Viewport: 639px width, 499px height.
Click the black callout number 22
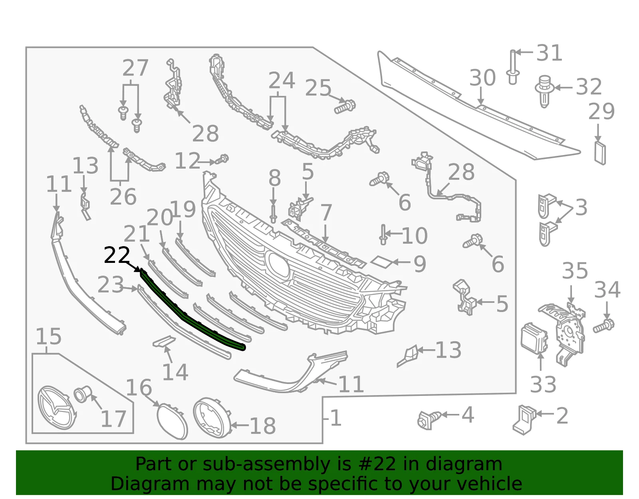click(x=117, y=255)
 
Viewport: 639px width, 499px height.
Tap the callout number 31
click(x=549, y=53)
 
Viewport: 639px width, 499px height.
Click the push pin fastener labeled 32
click(x=544, y=91)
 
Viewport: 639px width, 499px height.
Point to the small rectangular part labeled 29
click(x=600, y=153)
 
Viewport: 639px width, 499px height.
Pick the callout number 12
click(x=188, y=161)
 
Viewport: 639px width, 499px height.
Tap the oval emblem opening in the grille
click(x=277, y=264)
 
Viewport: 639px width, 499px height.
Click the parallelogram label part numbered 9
click(x=381, y=261)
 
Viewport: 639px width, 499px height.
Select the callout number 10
click(x=414, y=236)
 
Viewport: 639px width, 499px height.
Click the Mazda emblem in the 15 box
click(x=56, y=408)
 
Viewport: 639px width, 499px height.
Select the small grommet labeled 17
click(x=83, y=394)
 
